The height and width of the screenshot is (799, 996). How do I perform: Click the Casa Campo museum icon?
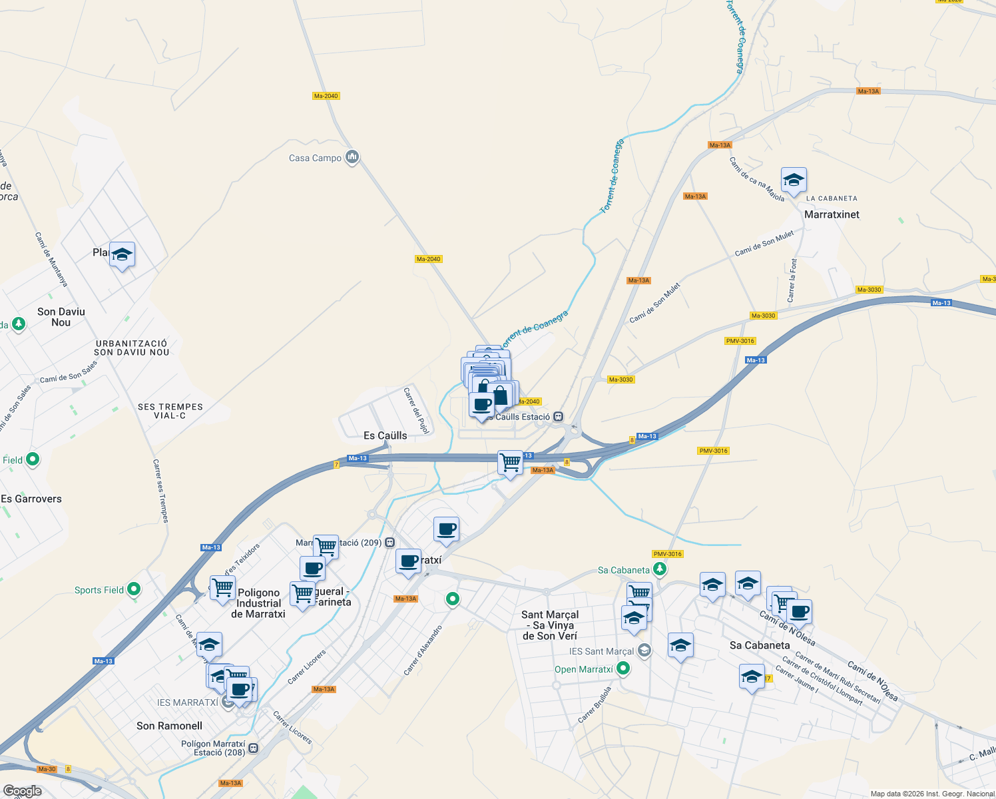(x=353, y=157)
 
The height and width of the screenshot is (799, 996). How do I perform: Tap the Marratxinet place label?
(x=832, y=214)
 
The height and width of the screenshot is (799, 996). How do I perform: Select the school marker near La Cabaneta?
(x=793, y=180)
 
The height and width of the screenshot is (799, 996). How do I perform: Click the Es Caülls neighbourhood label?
(x=385, y=435)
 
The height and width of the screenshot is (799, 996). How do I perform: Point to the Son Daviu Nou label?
(x=61, y=317)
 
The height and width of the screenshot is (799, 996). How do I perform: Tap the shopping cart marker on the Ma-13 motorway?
(x=511, y=462)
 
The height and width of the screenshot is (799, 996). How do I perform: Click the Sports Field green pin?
(x=134, y=589)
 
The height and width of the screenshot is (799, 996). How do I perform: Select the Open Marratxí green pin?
(x=623, y=668)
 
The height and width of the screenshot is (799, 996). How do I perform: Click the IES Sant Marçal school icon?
(x=644, y=651)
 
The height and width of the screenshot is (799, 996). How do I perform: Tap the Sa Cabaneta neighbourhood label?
(x=760, y=645)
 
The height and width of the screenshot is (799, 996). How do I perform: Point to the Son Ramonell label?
(x=169, y=726)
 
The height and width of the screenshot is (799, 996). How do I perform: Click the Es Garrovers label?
(x=31, y=499)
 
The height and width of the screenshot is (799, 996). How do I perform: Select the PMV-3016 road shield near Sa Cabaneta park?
(x=668, y=554)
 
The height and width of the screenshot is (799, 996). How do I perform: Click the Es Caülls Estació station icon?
(x=559, y=417)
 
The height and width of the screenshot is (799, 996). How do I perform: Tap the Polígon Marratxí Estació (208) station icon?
(x=253, y=748)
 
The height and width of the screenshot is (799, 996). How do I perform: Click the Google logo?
(x=23, y=791)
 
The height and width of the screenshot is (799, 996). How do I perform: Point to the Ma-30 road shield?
(x=47, y=769)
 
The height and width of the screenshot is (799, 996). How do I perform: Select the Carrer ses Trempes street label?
(x=160, y=491)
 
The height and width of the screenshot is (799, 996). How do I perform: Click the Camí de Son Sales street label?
(x=69, y=372)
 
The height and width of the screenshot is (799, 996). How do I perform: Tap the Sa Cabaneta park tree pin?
(x=659, y=569)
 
